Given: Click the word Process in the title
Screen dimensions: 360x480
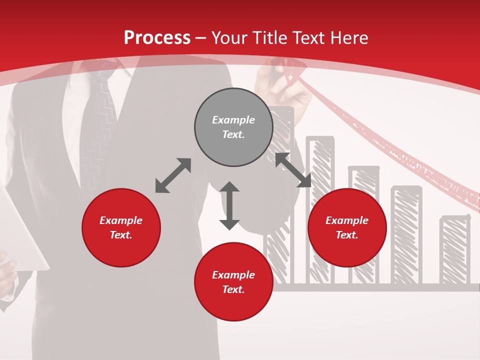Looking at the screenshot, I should click(157, 38).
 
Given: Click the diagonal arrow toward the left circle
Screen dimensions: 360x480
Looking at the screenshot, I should click(173, 175).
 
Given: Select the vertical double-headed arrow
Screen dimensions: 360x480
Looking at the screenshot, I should click(229, 205).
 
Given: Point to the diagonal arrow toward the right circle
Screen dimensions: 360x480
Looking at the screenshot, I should click(293, 170).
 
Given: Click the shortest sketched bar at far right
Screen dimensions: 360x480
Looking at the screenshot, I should click(455, 250).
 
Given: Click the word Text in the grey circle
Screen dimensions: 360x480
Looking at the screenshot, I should click(233, 134).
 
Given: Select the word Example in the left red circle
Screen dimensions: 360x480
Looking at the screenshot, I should click(121, 220).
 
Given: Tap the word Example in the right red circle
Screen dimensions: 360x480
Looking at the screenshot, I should click(347, 220).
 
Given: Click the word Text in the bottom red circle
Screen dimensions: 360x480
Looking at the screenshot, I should click(233, 289).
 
